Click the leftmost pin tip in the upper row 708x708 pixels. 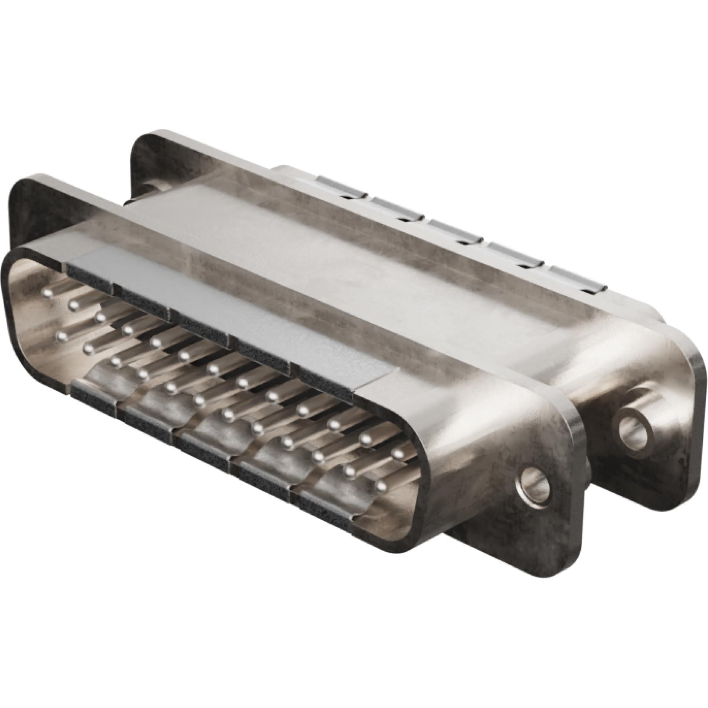coord(49,293)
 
